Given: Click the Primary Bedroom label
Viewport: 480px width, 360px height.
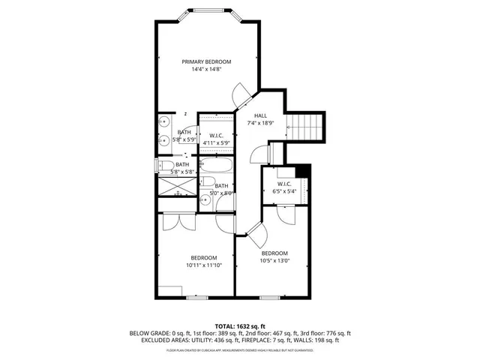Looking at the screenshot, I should (x=206, y=61).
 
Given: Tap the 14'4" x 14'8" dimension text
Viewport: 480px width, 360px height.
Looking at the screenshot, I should (x=206, y=69).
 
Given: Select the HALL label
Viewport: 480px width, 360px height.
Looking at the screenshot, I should (x=260, y=115).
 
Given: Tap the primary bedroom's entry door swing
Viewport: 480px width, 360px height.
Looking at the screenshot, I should (x=243, y=96).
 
